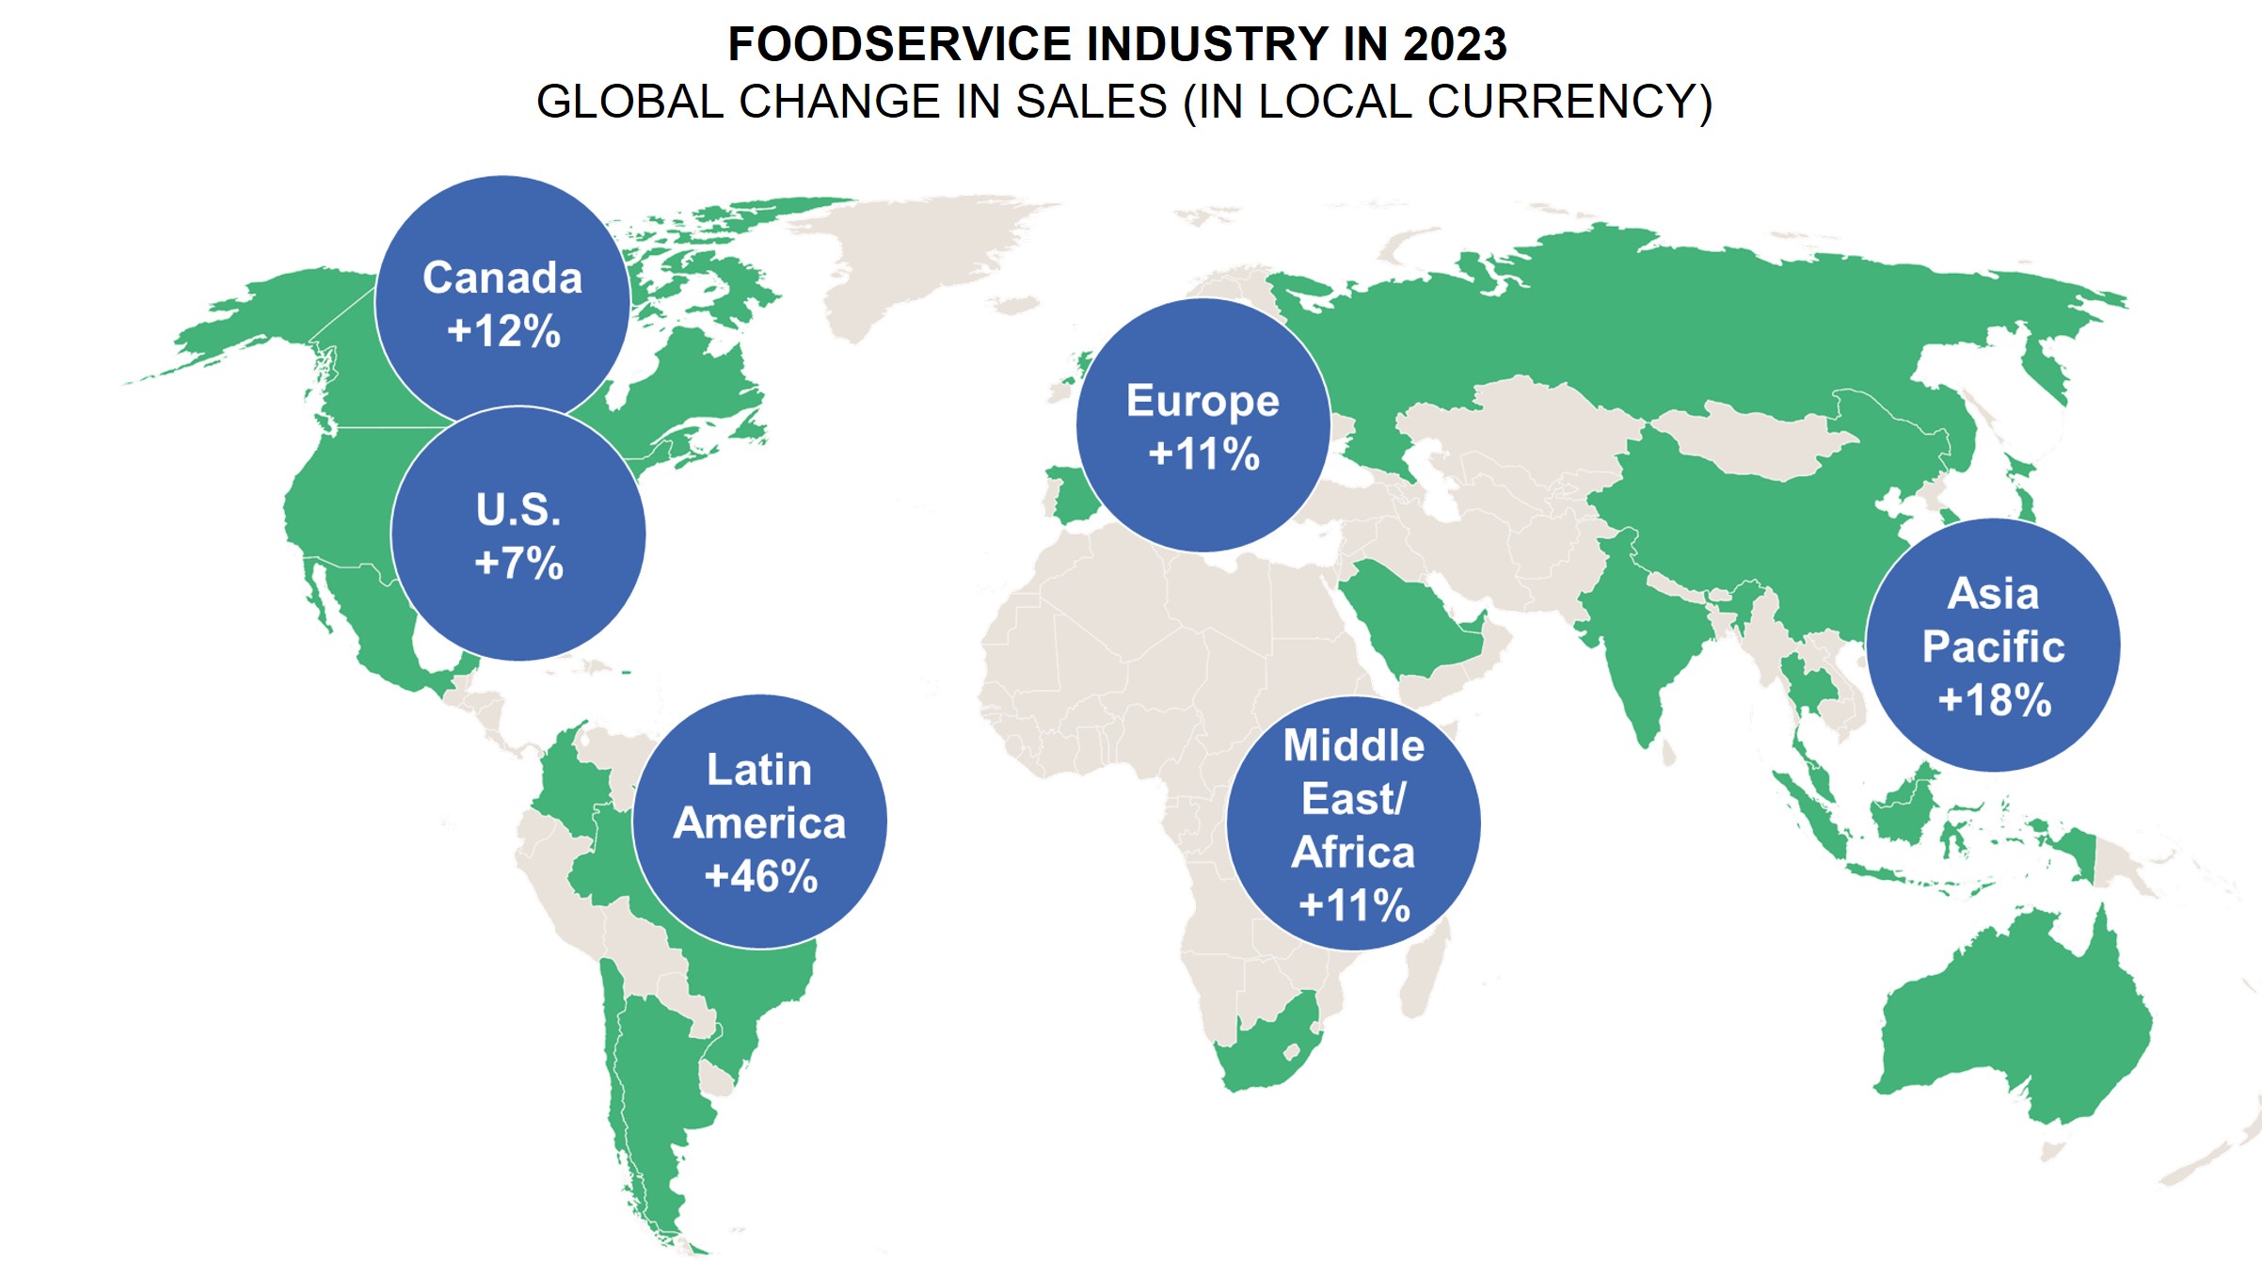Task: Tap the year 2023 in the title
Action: tap(1455, 44)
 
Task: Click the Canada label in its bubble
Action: tap(502, 278)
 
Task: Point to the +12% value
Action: tap(504, 331)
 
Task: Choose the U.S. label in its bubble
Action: tap(518, 510)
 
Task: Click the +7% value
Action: tap(519, 564)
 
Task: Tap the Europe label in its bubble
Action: tap(1203, 401)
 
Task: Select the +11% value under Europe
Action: tap(1203, 455)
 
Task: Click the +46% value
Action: tap(761, 876)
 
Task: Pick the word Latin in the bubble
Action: tap(759, 770)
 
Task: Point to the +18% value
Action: tap(1994, 700)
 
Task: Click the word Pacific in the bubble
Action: tap(1993, 646)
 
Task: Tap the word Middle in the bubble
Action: tap(1354, 745)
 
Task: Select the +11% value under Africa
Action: tap(1354, 906)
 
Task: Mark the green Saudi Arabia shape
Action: tap(1411, 621)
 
